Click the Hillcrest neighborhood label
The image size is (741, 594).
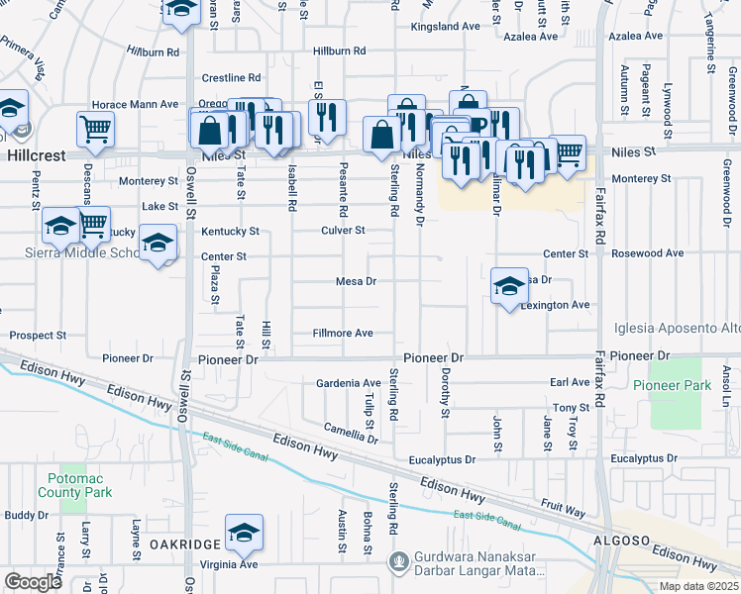click(x=36, y=156)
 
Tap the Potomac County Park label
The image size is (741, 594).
click(x=75, y=485)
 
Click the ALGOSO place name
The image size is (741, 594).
click(x=620, y=541)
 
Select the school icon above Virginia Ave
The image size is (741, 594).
click(x=244, y=534)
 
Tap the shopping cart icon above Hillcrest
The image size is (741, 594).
click(x=95, y=128)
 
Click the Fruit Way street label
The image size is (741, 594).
click(x=563, y=504)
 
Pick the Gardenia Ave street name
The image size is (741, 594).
click(x=348, y=383)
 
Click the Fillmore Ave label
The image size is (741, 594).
click(x=343, y=333)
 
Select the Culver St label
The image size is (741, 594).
click(x=343, y=231)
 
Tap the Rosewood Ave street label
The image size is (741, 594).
click(x=648, y=253)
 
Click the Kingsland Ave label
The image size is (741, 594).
click(x=445, y=27)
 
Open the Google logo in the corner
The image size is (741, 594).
click(x=33, y=582)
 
